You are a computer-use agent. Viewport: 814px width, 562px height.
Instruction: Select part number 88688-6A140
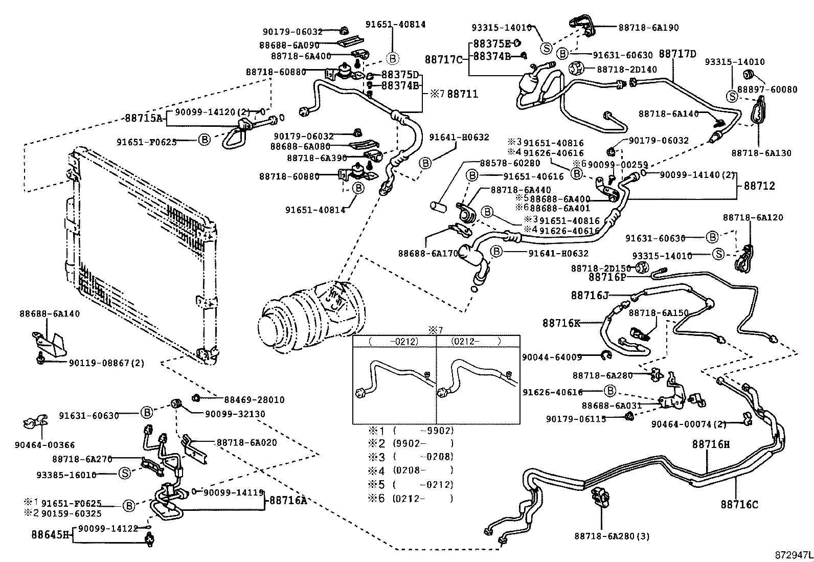pyautogui.click(x=50, y=313)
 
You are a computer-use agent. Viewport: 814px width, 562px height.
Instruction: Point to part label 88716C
pyautogui.click(x=739, y=505)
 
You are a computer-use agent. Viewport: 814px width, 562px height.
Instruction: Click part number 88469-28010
pyautogui.click(x=254, y=400)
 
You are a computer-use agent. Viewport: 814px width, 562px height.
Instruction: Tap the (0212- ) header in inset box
pyautogui.click(x=476, y=341)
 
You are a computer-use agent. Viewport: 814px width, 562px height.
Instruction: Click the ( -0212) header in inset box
pyautogui.click(x=394, y=341)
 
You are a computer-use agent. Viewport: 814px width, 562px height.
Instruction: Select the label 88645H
pyautogui.click(x=50, y=534)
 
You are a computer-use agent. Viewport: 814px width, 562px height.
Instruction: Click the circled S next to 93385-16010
pyautogui.click(x=124, y=474)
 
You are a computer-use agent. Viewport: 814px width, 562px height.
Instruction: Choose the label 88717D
pyautogui.click(x=677, y=54)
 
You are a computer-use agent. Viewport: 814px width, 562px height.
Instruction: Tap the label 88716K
pyautogui.click(x=561, y=323)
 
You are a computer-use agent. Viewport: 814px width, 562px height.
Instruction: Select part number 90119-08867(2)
pyautogui.click(x=106, y=363)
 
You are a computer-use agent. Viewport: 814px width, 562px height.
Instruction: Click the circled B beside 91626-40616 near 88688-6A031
pyautogui.click(x=609, y=391)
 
